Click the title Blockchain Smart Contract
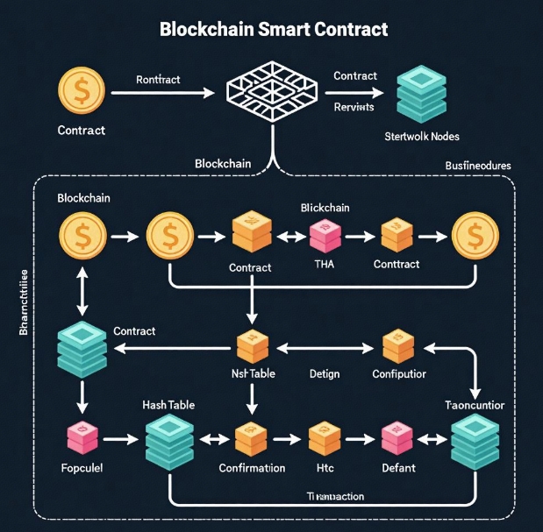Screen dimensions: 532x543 click(273, 29)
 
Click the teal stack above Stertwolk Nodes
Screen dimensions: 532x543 click(421, 94)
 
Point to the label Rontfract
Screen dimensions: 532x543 click(158, 80)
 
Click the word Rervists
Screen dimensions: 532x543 click(354, 107)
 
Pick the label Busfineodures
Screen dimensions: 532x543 click(478, 165)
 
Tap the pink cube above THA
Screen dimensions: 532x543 click(323, 236)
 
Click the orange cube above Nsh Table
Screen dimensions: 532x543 click(252, 348)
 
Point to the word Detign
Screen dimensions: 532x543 click(324, 374)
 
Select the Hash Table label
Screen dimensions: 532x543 click(168, 406)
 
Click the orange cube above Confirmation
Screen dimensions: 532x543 click(251, 436)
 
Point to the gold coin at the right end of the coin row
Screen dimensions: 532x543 click(474, 236)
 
